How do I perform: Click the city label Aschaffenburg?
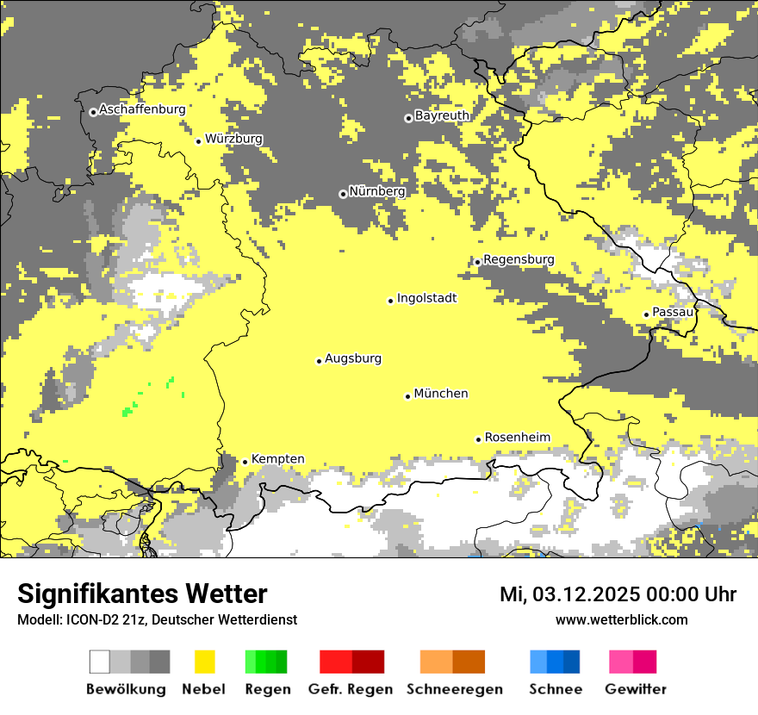click(x=142, y=110)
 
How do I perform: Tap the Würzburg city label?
click(x=233, y=139)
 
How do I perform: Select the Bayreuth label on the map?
click(x=442, y=115)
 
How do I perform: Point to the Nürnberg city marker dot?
click(x=343, y=194)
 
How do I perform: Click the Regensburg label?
click(x=519, y=259)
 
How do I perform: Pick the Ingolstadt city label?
click(x=426, y=298)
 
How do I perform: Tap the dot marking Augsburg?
click(x=319, y=361)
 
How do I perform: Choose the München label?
click(x=441, y=394)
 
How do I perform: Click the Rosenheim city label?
click(x=517, y=438)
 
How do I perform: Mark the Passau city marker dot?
click(x=646, y=314)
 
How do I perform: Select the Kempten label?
click(x=277, y=459)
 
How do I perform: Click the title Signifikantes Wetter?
click(x=142, y=594)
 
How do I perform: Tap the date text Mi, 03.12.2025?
click(x=582, y=594)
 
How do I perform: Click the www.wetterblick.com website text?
click(x=621, y=619)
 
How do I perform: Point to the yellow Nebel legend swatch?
click(x=204, y=662)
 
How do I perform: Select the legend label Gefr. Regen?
click(x=351, y=689)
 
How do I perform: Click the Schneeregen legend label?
click(x=455, y=689)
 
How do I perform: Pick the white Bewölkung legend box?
click(x=100, y=662)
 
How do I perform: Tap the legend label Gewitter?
click(x=636, y=689)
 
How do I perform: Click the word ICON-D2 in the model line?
click(x=85, y=620)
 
